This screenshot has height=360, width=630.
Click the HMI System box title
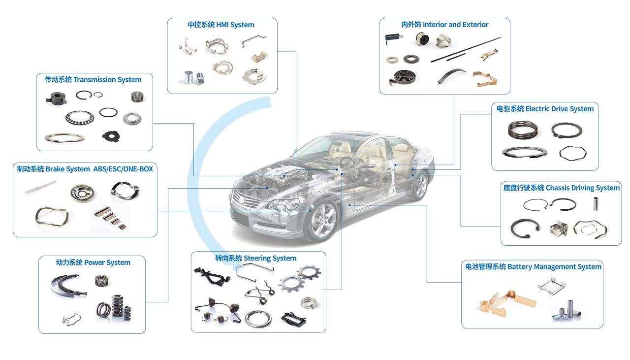[221, 25]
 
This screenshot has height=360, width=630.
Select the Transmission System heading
[93, 80]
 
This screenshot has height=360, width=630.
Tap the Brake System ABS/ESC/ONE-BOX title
[85, 169]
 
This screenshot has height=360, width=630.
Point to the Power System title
[93, 262]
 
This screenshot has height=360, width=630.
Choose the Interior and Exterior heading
[444, 25]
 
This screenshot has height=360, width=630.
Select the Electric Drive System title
[545, 109]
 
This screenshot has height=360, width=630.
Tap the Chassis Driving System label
[561, 188]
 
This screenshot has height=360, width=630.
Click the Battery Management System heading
[533, 266]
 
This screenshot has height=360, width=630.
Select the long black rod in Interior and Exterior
[466, 50]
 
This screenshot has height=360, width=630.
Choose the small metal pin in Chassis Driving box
[594, 203]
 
